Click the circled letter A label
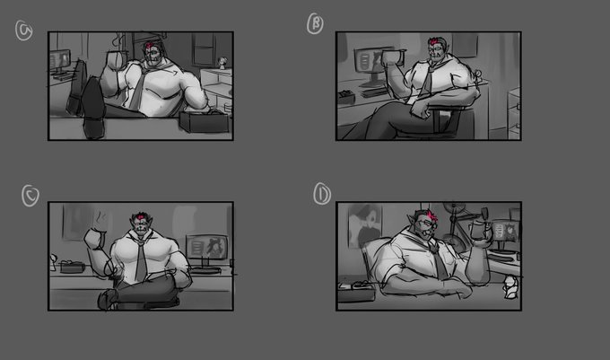23,31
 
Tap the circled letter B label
315,23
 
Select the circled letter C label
30,196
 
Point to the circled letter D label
322,193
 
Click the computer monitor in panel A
60,61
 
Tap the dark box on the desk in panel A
204,121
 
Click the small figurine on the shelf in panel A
222,63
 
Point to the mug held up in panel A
116,61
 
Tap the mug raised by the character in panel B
392,58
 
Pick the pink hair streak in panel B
432,41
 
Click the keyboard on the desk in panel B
374,93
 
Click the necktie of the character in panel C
141,259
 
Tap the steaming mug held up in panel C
95,238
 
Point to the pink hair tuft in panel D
431,215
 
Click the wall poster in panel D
365,226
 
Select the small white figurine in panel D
510,286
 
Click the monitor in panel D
504,233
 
